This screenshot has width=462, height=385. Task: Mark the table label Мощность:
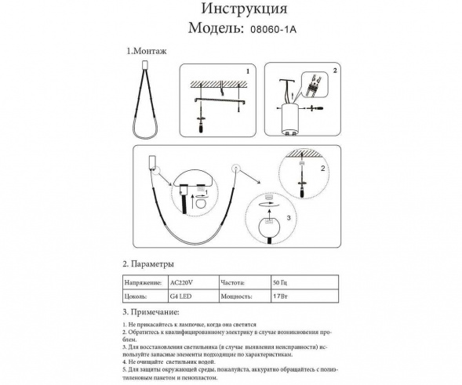240,297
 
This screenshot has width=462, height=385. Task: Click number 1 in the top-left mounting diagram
248,71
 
